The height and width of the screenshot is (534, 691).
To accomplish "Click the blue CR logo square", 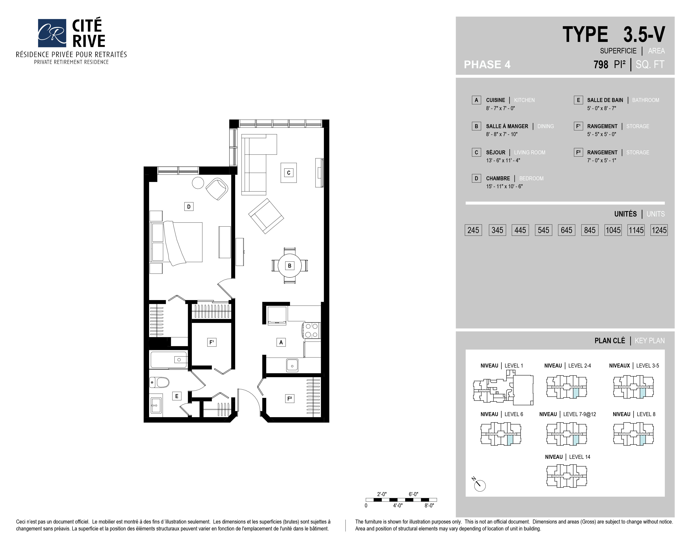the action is [x=52, y=33].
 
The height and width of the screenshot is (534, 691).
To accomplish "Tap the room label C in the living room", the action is [x=289, y=173].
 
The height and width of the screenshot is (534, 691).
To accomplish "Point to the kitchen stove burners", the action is [x=312, y=331].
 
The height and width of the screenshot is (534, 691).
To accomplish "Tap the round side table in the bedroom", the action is [x=198, y=183].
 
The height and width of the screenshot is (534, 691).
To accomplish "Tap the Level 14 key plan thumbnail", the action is [x=567, y=476].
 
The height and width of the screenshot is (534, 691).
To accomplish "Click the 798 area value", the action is [x=601, y=64].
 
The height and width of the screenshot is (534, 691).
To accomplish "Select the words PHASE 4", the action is [x=487, y=64].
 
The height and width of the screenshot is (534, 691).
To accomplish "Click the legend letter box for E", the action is [x=578, y=100].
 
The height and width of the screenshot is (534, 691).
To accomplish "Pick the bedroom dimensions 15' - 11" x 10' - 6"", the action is [x=504, y=186].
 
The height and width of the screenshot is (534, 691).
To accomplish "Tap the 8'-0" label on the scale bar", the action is [x=429, y=506].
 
